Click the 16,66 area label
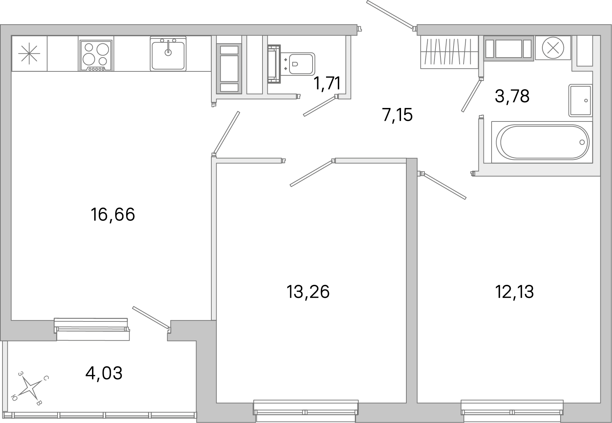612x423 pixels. tap(113, 215)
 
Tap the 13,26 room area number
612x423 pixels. tap(308, 292)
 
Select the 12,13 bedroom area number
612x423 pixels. tap(514, 292)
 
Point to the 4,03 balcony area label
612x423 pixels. tap(104, 373)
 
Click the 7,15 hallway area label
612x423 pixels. tap(397, 115)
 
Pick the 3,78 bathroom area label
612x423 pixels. tap(512, 96)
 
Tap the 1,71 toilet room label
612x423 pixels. tap(327, 83)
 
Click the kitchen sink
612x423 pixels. tap(168, 54)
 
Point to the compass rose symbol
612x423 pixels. tap(31, 388)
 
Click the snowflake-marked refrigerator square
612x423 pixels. tap(29, 54)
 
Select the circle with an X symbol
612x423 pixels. tap(553, 48)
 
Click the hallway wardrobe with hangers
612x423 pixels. tap(449, 52)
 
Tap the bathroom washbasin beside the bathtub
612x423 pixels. tap(580, 100)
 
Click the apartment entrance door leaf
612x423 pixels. tap(390, 15)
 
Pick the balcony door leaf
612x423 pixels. tap(150, 316)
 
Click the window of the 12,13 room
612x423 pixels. tap(512, 408)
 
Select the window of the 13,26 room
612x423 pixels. tap(306, 408)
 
